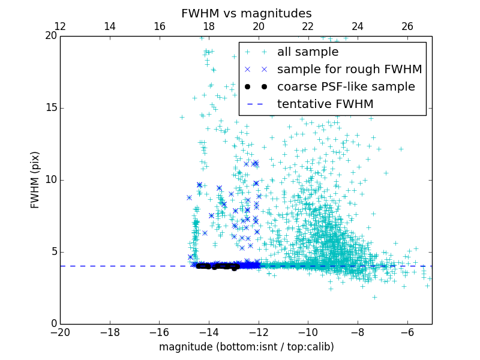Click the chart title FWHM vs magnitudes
246,13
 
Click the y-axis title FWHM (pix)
35,180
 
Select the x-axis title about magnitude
246,347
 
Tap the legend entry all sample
307,52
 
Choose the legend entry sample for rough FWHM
349,70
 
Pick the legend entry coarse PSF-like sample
346,87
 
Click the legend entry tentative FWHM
325,104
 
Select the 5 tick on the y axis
53,252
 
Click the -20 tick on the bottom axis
60,332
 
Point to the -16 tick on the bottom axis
159,332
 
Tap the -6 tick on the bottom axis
407,332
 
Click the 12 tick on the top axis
60,26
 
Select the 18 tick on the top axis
209,26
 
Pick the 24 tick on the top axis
358,26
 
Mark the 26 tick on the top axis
407,26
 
